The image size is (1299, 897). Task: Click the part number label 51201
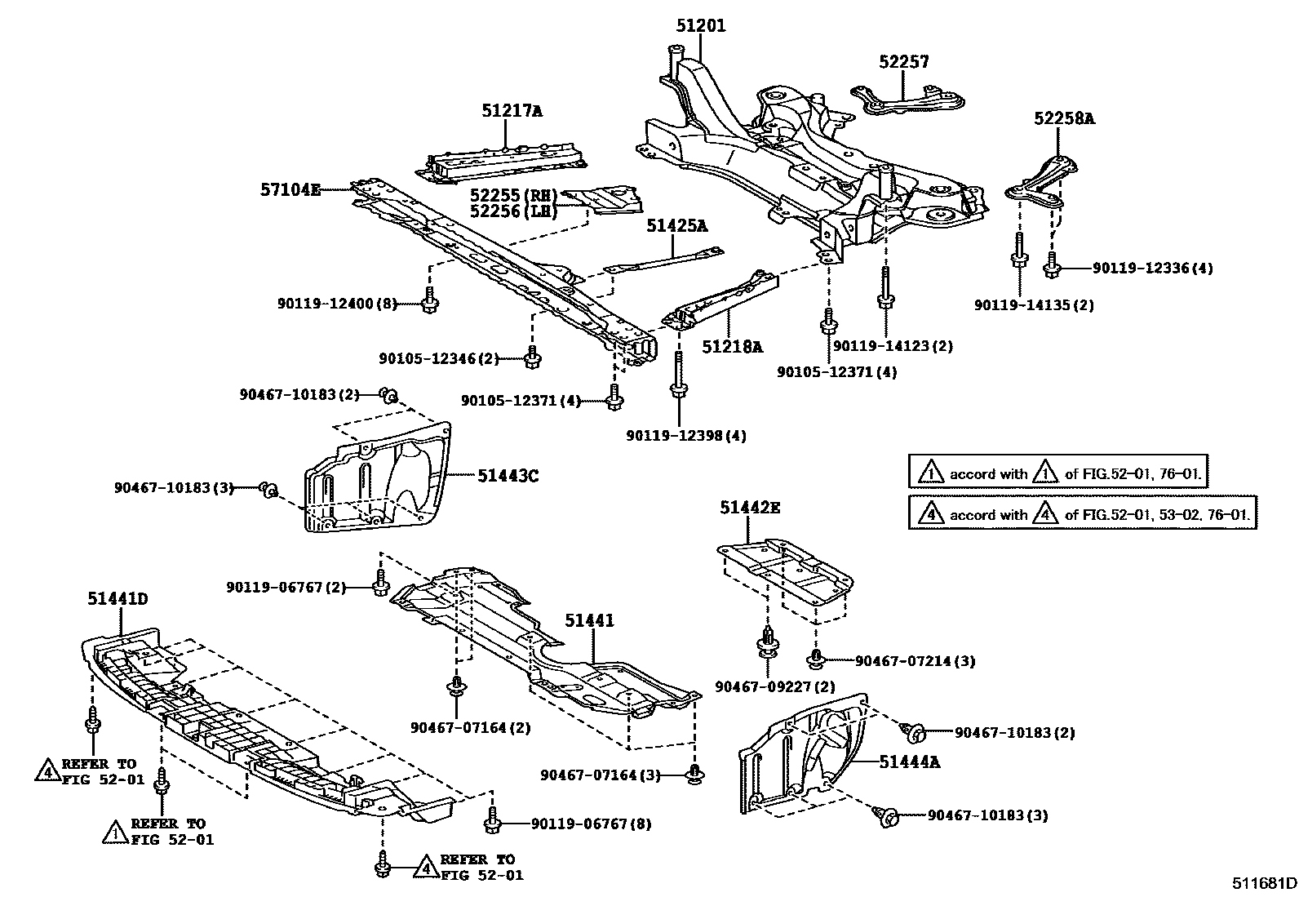click(700, 26)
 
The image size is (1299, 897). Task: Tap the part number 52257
click(904, 62)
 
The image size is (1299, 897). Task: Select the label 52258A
click(1064, 119)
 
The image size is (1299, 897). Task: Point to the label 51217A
click(512, 111)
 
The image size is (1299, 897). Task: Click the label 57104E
click(291, 189)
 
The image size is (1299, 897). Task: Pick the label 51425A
click(677, 225)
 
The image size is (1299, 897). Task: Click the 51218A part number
click(732, 347)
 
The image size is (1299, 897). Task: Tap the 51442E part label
click(749, 508)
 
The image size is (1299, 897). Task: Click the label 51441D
click(118, 599)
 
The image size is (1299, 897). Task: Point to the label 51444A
click(910, 762)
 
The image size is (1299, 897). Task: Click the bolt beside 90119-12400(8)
click(430, 303)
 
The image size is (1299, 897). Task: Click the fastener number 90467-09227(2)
click(764, 687)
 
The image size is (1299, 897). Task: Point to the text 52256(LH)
click(513, 211)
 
